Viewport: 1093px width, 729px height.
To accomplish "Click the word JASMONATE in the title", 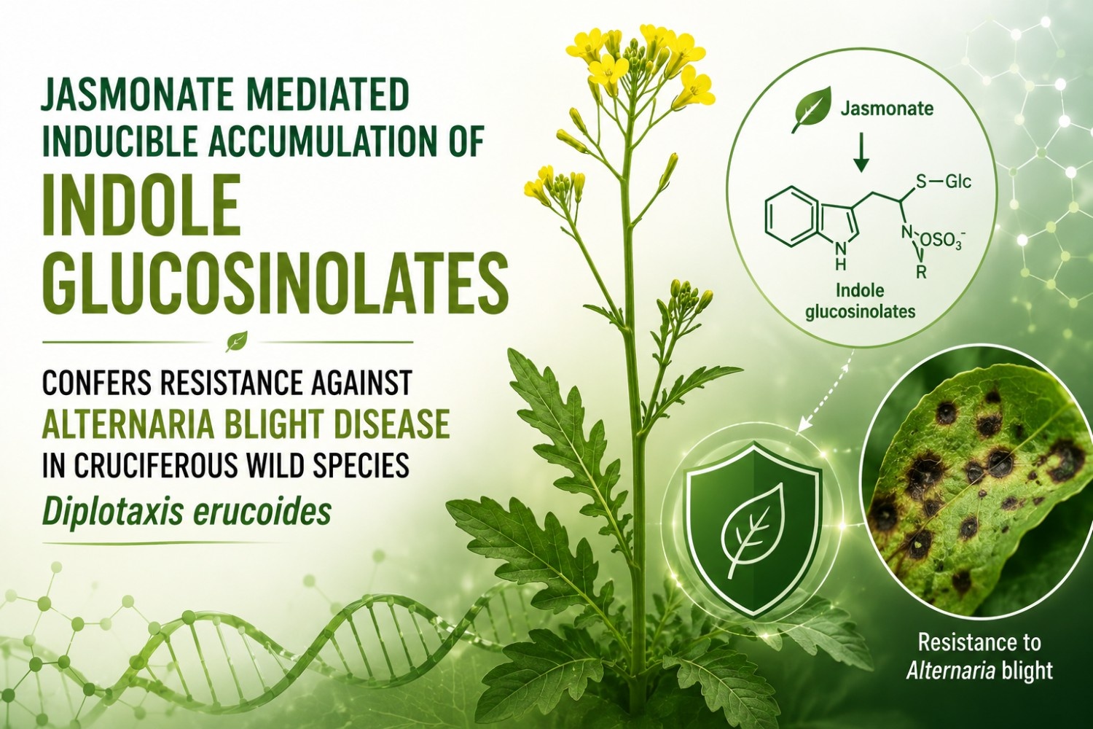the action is (132, 98).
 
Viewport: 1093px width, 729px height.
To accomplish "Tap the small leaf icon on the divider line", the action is (236, 341).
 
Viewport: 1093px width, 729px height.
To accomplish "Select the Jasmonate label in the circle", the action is (887, 109).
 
